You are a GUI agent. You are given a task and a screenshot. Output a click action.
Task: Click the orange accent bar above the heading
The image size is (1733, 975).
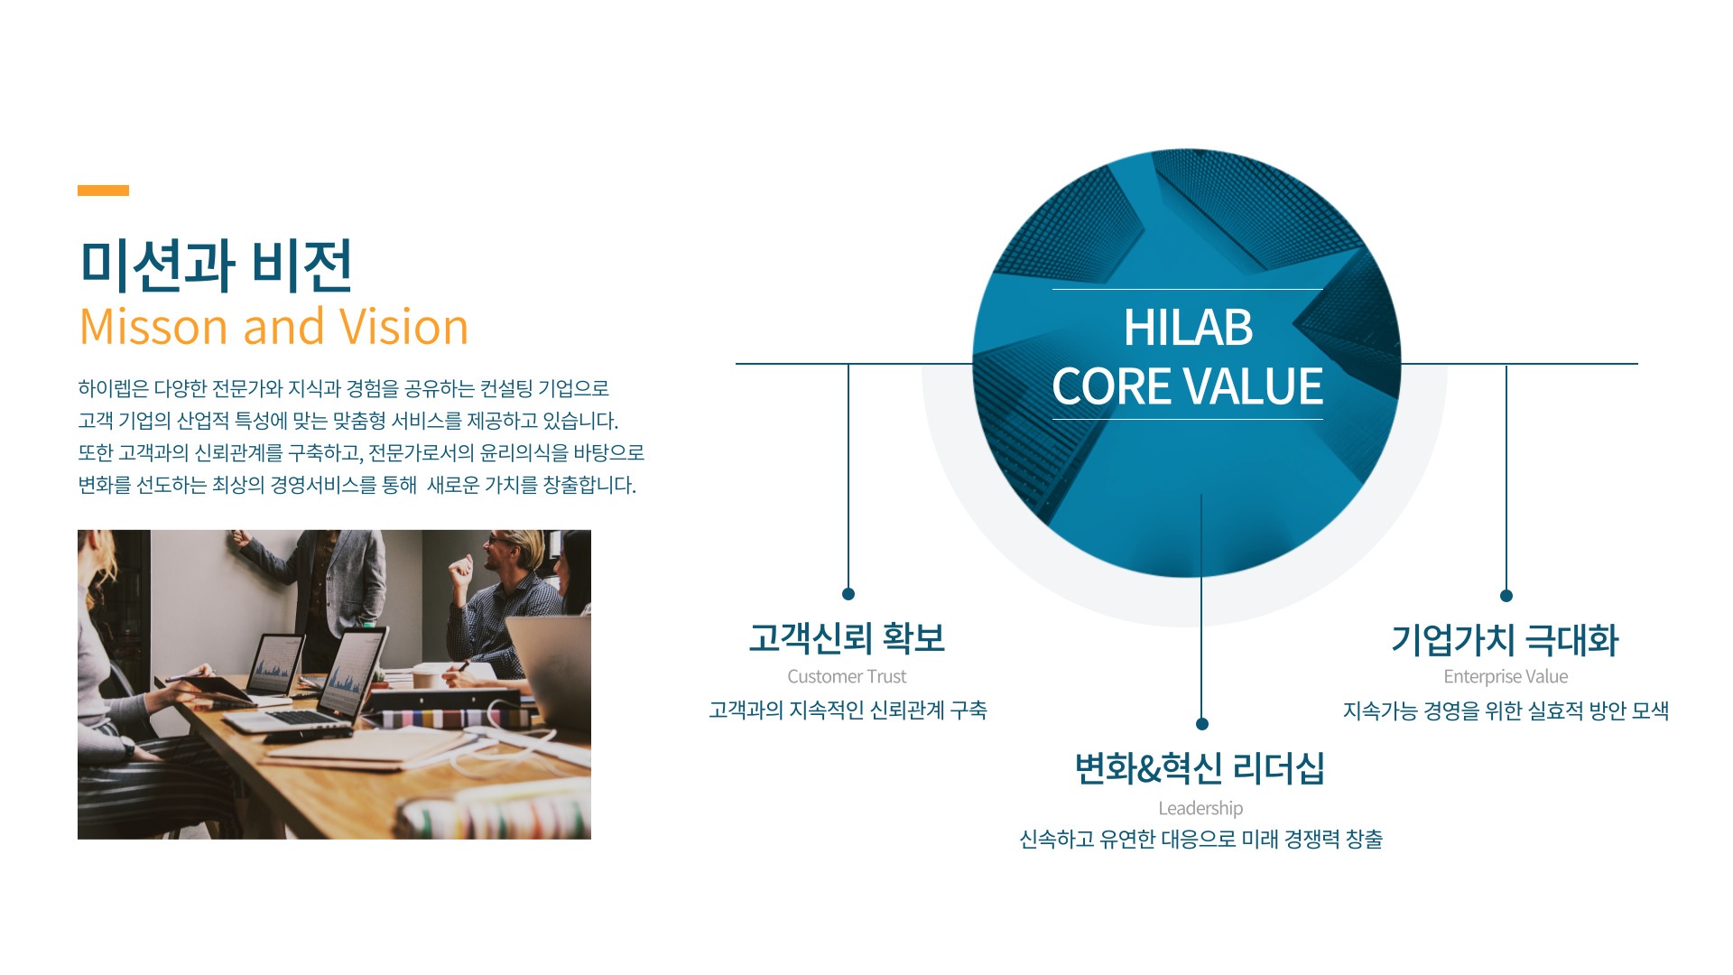point(103,190)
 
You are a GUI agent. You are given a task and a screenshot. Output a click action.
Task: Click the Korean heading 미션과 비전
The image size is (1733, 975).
point(216,265)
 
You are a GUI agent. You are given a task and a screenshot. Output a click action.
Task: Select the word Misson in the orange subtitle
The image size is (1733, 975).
point(153,327)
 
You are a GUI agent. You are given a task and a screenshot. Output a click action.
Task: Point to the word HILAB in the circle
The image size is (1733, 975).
point(1188,327)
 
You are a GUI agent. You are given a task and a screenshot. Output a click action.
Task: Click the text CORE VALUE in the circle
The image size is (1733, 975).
point(1187,386)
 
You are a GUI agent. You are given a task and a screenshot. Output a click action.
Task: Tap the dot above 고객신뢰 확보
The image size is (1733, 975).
point(848,594)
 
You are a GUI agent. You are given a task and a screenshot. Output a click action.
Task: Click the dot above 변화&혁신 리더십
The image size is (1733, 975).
point(1201,724)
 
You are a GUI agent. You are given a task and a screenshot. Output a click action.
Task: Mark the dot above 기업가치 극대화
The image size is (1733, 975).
point(1506,596)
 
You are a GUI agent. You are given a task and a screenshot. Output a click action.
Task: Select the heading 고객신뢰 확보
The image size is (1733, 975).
point(847,638)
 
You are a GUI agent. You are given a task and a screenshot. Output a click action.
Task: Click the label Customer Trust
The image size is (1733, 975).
point(847,676)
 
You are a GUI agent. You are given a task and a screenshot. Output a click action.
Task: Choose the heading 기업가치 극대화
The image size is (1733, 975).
point(1505,640)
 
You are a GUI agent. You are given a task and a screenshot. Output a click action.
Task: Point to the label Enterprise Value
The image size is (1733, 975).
point(1506,676)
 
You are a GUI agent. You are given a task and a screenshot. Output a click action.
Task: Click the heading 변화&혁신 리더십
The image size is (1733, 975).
point(1200,768)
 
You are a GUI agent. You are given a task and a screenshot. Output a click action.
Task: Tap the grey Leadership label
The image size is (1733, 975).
point(1200,808)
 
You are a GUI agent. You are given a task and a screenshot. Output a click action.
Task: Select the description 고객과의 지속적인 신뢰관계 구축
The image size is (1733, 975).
point(848,710)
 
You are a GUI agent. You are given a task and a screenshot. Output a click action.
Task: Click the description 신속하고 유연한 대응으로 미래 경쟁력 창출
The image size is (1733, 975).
point(1200,840)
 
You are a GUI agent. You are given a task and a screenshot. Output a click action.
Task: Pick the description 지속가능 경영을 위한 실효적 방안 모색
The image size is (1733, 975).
point(1506,711)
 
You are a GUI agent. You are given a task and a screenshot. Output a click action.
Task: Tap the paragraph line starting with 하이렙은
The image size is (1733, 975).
point(343,388)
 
